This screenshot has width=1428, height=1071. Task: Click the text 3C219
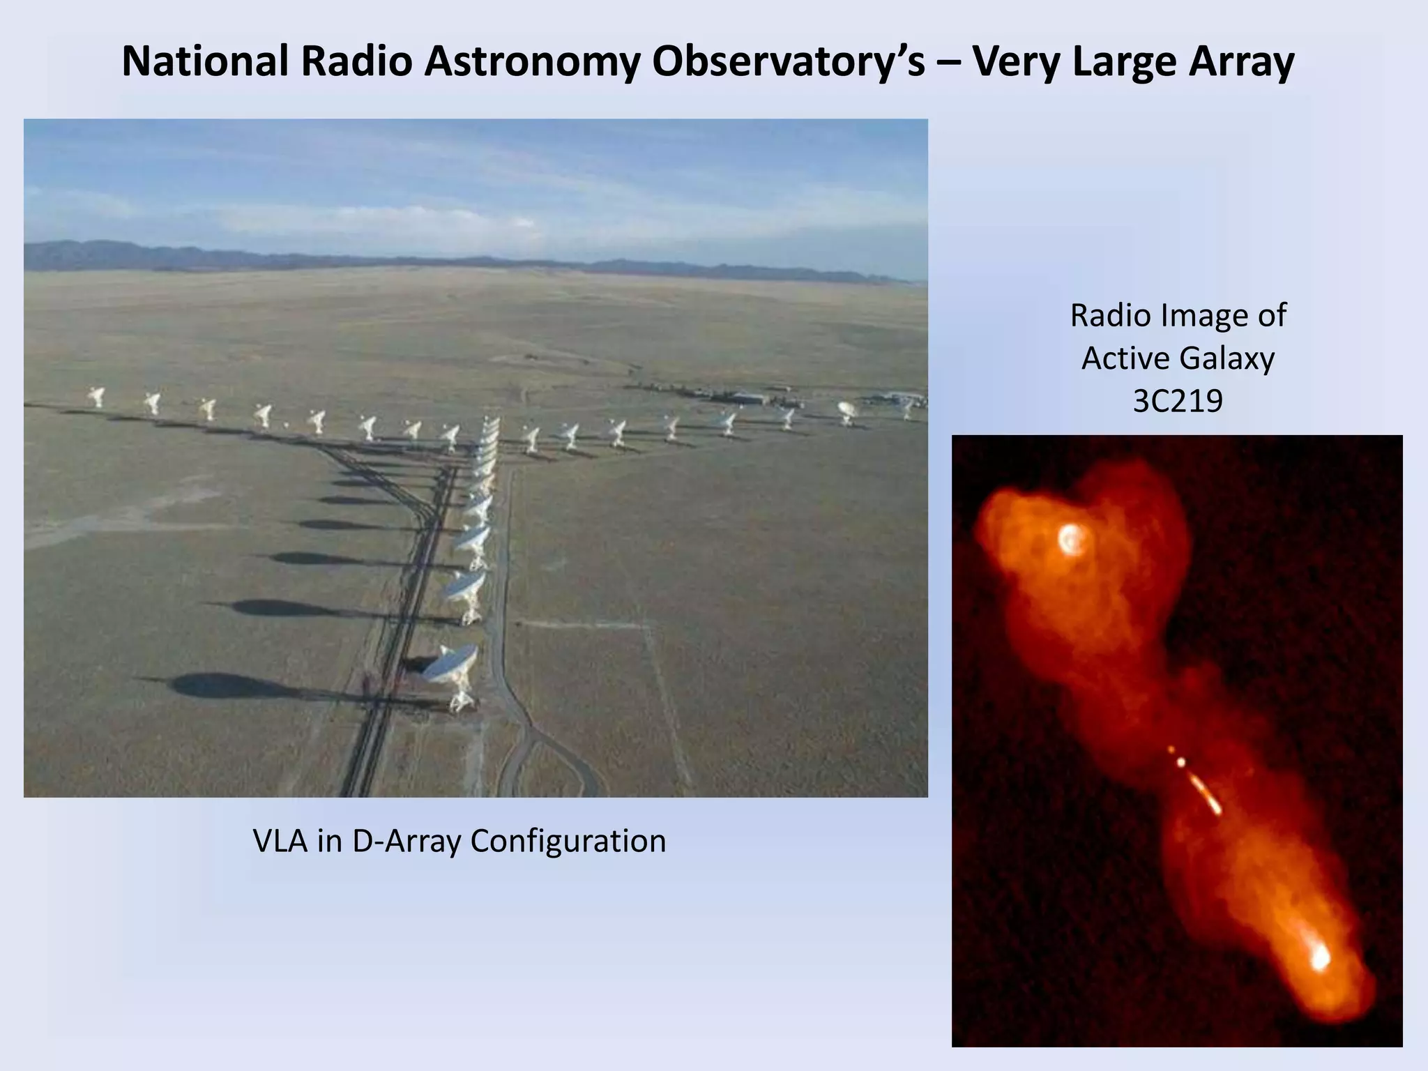1178,402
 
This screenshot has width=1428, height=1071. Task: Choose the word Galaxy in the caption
1229,359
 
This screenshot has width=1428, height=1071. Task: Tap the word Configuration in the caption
568,841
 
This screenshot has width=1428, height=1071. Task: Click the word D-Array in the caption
407,841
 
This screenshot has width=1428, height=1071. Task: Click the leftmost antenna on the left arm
96,397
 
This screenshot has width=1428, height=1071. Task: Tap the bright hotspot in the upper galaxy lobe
1071,538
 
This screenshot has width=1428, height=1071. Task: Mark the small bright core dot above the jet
1181,762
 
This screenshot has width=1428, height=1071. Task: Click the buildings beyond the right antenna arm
746,398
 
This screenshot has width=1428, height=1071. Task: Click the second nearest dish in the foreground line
465,590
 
